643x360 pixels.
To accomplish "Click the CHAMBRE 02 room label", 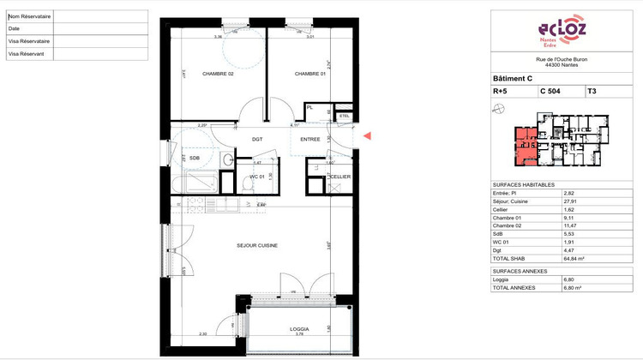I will (218, 74).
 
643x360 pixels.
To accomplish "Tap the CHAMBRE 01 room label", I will (310, 74).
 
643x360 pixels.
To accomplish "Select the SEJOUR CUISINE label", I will (256, 245).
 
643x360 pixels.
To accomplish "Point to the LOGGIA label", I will (298, 329).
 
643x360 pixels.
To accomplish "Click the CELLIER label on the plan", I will (341, 177).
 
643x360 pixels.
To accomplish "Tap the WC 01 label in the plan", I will (255, 177).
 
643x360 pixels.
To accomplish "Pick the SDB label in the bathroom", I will (195, 158).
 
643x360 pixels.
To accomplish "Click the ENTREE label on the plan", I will (309, 139).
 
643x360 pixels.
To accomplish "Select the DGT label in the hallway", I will (256, 139).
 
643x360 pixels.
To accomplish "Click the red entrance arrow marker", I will (368, 135).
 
